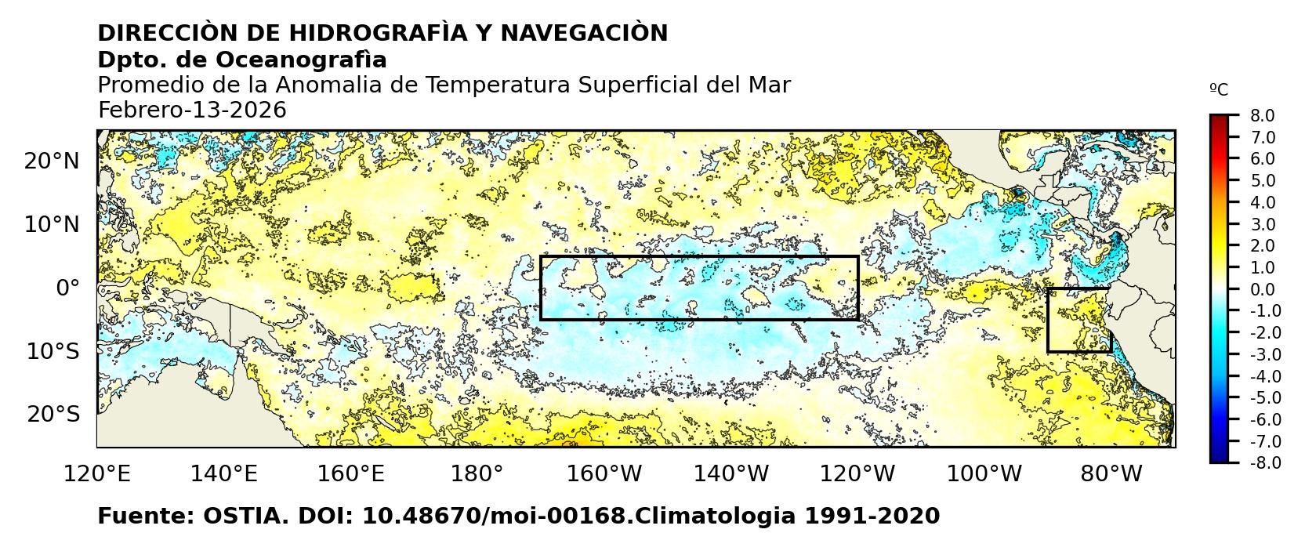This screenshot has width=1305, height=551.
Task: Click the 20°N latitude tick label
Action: click(52, 161)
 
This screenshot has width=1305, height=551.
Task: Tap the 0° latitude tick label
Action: click(67, 288)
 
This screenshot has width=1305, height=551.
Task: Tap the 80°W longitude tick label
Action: click(1111, 474)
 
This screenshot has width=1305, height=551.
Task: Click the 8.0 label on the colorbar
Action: click(1262, 116)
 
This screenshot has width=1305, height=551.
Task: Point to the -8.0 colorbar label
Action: click(1260, 463)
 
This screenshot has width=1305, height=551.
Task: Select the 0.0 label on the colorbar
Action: click(1262, 290)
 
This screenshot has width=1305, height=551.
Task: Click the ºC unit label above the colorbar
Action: click(1219, 90)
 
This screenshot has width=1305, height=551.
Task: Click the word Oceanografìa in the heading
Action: click(301, 60)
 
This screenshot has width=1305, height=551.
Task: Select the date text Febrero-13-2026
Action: click(192, 111)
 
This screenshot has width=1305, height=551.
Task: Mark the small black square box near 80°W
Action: click(1079, 320)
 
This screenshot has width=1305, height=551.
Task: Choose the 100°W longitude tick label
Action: click(984, 474)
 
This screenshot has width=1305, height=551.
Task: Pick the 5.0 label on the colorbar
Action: click(1262, 181)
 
